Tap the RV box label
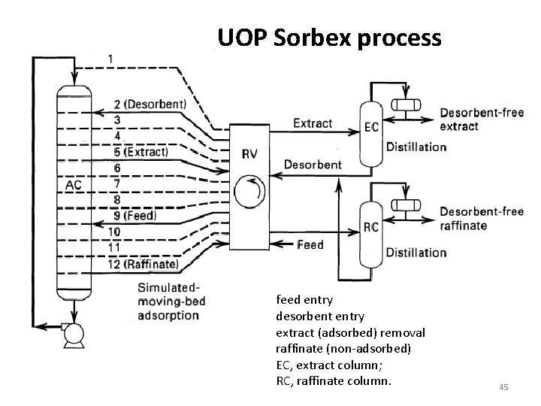(249, 154)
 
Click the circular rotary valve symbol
(249, 192)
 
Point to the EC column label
(371, 129)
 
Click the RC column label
(371, 226)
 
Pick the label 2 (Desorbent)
(150, 105)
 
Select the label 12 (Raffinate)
(144, 264)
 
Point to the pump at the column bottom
(74, 335)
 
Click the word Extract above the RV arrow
(313, 123)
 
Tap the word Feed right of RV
(310, 244)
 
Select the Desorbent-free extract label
(481, 119)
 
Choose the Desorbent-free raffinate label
(481, 218)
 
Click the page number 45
(503, 387)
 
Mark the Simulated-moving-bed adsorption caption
(171, 301)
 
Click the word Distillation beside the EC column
(416, 147)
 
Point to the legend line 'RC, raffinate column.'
(334, 381)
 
